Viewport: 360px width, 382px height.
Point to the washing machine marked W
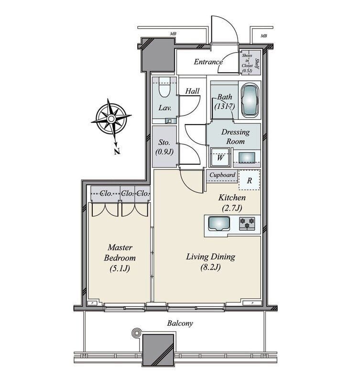(220, 157)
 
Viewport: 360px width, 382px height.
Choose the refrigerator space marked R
(249, 180)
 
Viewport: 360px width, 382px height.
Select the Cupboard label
(222, 175)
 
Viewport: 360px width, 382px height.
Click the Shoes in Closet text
(247, 62)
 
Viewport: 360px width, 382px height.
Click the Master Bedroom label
(120, 258)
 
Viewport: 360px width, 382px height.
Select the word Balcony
(180, 323)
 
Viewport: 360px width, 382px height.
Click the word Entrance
(208, 62)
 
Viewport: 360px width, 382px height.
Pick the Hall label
(193, 91)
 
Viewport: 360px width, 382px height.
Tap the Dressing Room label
(235, 137)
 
